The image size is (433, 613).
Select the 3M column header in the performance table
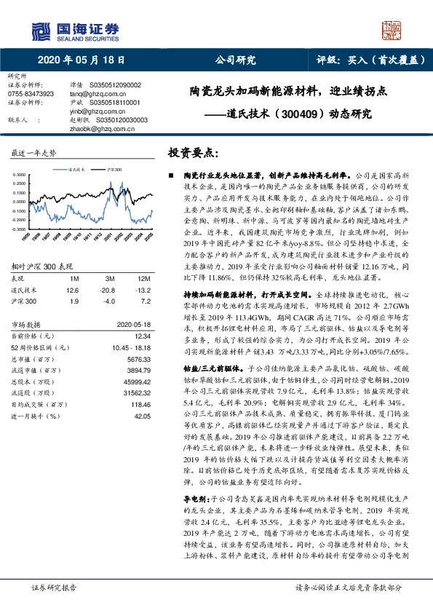click(111, 258)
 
